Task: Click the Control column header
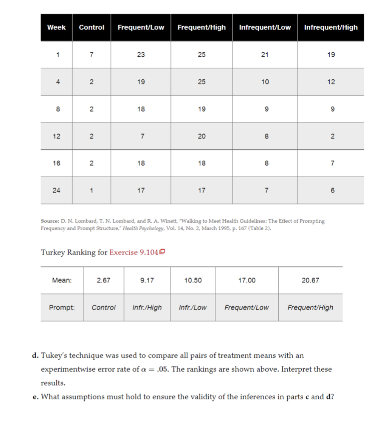coord(91,27)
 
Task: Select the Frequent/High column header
coord(201,27)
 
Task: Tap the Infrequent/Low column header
coord(265,27)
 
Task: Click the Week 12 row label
coord(56,136)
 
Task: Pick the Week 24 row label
coord(56,190)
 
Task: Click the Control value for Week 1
coord(91,54)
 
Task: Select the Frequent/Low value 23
coord(141,54)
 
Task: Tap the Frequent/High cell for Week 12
coord(201,136)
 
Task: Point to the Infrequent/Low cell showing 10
coord(265,82)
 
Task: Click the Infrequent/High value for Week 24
coord(331,190)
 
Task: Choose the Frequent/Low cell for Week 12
coord(141,136)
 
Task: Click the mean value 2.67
coord(104,280)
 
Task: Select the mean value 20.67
coord(310,280)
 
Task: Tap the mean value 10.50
coord(193,280)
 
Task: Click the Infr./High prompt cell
coord(147,307)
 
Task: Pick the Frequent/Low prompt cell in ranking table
coord(246,307)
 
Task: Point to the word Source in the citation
coord(49,221)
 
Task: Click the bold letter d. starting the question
coord(36,355)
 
